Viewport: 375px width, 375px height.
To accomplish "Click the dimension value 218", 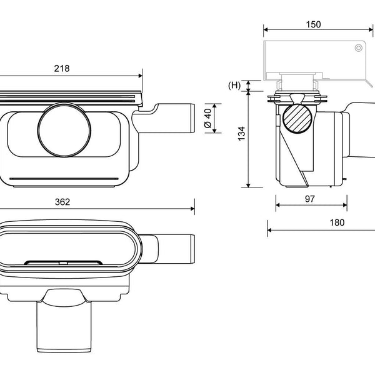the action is (62, 69).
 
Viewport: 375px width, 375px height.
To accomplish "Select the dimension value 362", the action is (62, 202).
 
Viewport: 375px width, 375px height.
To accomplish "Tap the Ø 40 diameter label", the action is (207, 118).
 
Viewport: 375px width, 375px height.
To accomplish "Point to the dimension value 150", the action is (313, 24).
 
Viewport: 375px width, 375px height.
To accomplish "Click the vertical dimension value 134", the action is (242, 134).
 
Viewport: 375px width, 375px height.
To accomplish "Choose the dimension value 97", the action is (310, 199).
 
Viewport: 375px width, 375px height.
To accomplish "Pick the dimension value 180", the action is (337, 222).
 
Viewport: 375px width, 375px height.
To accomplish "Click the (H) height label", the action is (234, 85).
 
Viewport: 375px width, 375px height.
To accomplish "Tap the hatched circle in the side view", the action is (297, 118).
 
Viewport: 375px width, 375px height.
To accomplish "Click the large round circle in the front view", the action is (64, 130).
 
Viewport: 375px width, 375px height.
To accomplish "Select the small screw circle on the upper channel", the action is (358, 48).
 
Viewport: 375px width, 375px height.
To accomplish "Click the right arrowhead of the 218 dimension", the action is (141, 76).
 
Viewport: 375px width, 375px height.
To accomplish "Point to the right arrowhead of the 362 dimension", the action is (192, 209).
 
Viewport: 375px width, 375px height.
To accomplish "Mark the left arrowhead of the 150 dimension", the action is (266, 29).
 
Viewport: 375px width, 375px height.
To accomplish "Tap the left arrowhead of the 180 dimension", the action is (269, 230).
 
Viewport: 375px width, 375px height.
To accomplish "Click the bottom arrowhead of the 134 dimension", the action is (248, 186).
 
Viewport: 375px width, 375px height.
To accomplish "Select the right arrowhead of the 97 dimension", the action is (345, 205).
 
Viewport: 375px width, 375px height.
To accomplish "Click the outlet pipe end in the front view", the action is (192, 118).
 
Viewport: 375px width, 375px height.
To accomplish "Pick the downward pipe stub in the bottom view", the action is (64, 326).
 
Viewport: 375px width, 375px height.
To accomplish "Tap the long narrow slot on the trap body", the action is (64, 179).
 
